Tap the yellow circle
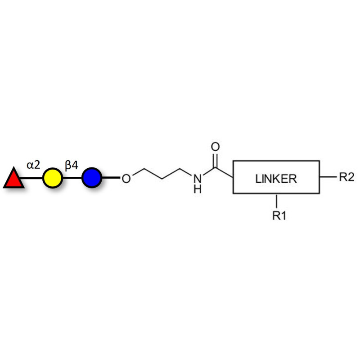coord(52,178)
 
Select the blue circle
coord(91,178)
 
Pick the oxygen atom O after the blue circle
coord(126,178)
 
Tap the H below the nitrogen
coord(197,189)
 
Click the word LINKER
coord(276,178)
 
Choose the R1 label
coord(279,216)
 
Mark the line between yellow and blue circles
coord(72,178)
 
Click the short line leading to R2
coord(328,177)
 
